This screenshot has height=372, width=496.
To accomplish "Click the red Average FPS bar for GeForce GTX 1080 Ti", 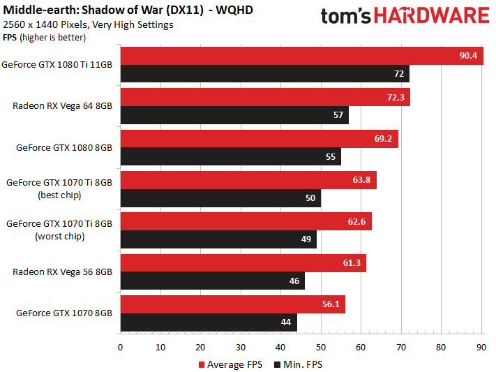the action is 302,56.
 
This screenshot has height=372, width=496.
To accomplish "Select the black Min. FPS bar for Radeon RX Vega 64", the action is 234,115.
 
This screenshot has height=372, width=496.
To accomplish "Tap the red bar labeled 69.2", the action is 260,139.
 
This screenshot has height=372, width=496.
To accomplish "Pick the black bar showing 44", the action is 209,322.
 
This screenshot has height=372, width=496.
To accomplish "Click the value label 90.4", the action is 468,56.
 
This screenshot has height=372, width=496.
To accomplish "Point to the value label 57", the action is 338,115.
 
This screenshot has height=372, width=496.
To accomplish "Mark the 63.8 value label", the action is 361,180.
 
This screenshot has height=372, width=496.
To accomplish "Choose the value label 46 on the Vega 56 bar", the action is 294,281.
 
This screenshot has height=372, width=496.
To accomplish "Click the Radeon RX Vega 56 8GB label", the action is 62,272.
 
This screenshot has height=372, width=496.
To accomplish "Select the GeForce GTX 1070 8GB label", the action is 64,313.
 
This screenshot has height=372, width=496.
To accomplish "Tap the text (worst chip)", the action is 60,237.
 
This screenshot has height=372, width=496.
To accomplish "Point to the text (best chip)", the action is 59,195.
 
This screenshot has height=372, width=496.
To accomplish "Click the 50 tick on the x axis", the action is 321,348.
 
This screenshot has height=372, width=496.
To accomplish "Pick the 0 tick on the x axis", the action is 120,348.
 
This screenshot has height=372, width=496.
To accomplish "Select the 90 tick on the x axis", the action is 481,348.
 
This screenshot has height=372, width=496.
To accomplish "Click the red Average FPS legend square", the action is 202,365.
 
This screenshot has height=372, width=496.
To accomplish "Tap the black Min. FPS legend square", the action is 278,365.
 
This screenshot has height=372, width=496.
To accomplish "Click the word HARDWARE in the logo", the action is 432,15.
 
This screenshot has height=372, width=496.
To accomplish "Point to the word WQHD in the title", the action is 234,10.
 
